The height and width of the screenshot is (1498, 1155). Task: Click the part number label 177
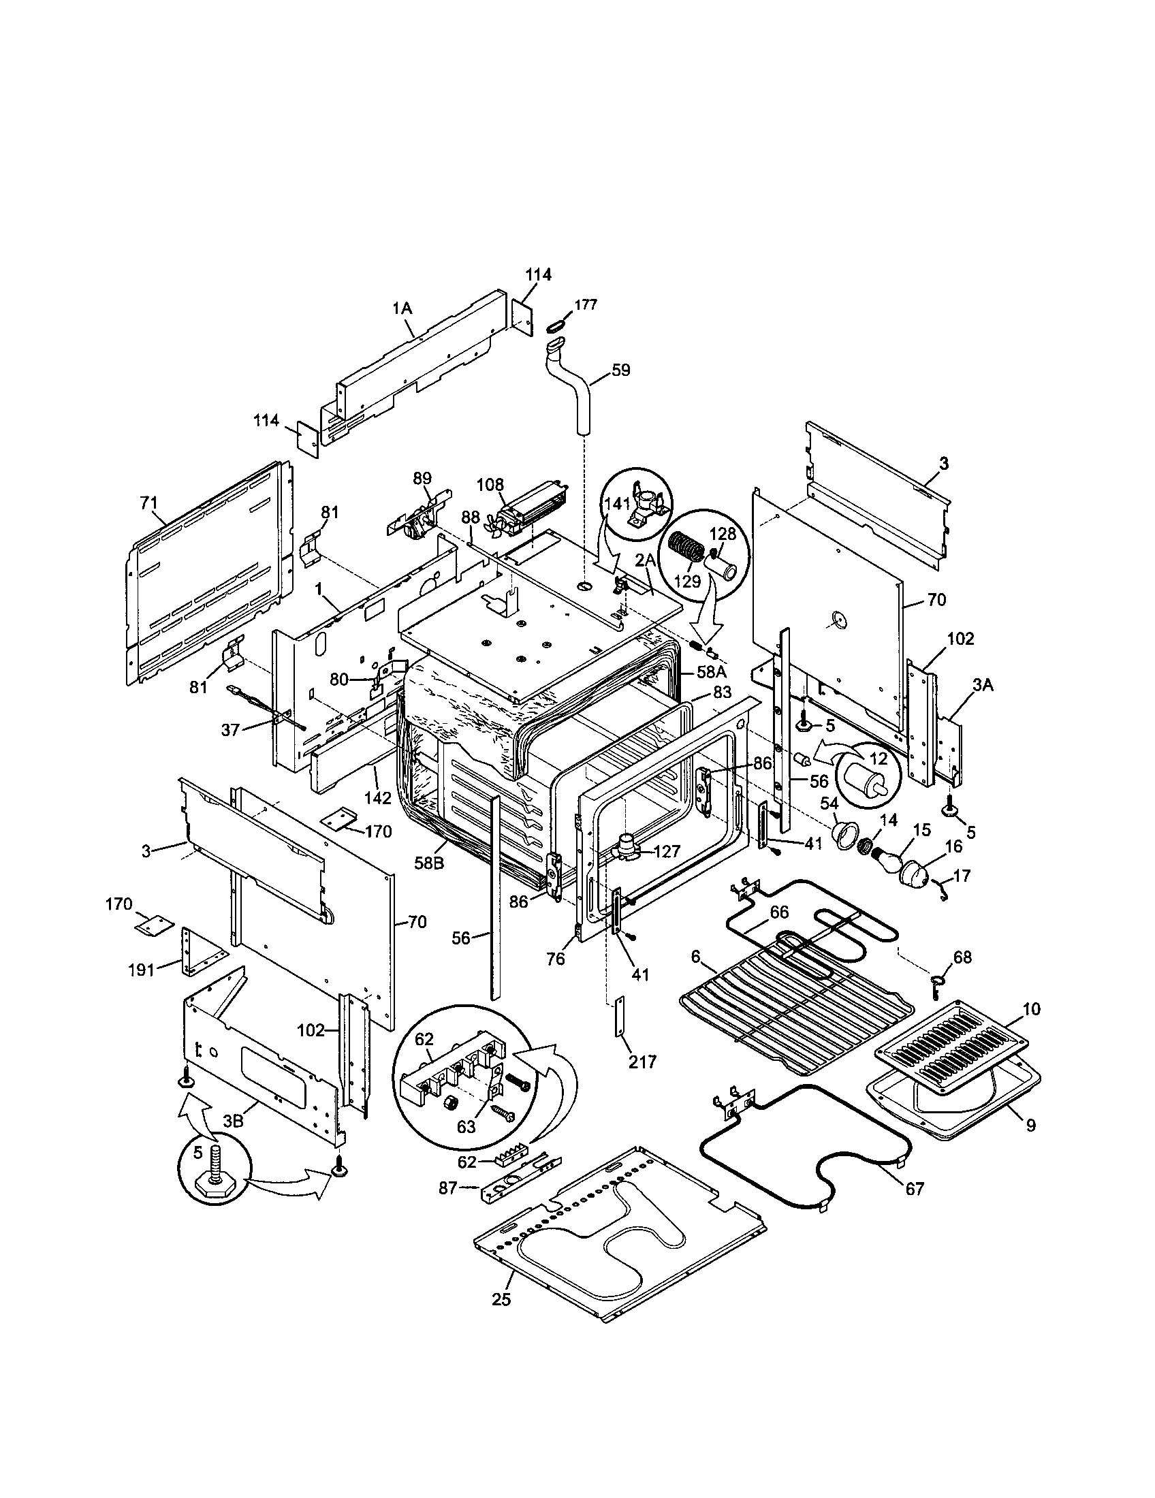pyautogui.click(x=585, y=305)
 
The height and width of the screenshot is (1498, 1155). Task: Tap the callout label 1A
pyautogui.click(x=402, y=308)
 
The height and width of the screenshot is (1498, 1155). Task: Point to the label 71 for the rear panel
pyautogui.click(x=149, y=503)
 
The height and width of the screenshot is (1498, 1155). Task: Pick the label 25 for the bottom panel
pyautogui.click(x=501, y=1319)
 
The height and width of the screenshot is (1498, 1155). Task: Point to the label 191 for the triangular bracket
pyautogui.click(x=141, y=970)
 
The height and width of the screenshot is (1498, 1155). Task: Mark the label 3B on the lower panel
pyautogui.click(x=234, y=1121)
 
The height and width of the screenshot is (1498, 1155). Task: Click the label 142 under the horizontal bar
pyautogui.click(x=377, y=798)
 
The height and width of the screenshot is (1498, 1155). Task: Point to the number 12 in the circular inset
pyautogui.click(x=878, y=759)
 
